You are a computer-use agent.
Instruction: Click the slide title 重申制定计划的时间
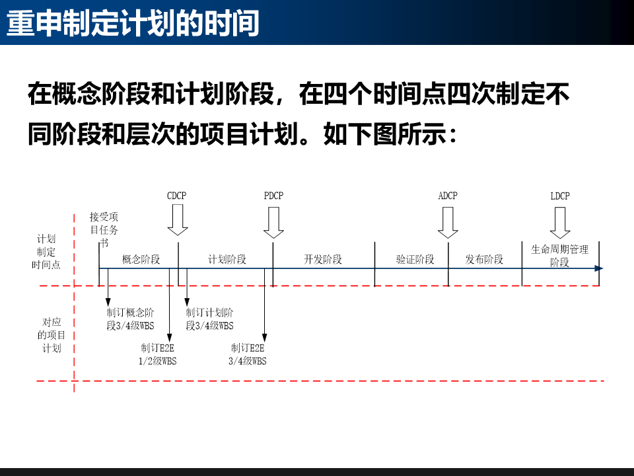(133, 23)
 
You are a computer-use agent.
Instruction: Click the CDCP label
(177, 196)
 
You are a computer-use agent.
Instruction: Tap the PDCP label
(273, 196)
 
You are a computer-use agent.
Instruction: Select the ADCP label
(448, 196)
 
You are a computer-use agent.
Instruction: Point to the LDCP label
(560, 196)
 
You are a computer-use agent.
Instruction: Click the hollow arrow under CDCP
(178, 220)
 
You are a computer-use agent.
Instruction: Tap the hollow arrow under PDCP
(273, 223)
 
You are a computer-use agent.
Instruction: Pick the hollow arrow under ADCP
(448, 223)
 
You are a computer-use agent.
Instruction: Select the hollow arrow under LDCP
(560, 223)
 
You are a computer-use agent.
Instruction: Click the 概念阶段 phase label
(141, 259)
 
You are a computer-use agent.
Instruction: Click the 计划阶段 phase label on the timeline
(227, 259)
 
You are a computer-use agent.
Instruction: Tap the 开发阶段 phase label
(323, 259)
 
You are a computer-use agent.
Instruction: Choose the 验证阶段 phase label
(415, 259)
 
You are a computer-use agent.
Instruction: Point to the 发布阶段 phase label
(484, 259)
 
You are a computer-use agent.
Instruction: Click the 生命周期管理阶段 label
(560, 255)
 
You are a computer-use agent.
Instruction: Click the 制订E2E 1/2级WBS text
(158, 354)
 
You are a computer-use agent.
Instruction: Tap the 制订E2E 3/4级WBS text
(248, 354)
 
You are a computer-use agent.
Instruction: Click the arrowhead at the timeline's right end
(598, 268)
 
